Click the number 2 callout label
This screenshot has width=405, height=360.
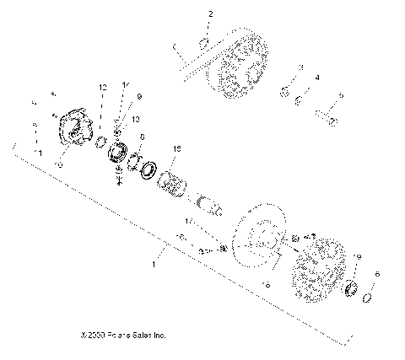coord(211,14)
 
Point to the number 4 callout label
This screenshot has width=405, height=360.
coord(317,78)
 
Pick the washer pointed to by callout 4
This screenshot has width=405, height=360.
coord(301,101)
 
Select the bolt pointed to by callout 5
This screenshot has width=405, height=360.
coord(330,120)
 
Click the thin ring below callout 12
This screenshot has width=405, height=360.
coord(100,139)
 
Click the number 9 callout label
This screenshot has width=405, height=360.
coord(139,96)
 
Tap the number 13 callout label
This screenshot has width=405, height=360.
coord(135,121)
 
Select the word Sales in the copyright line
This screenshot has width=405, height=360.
coord(141,336)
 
